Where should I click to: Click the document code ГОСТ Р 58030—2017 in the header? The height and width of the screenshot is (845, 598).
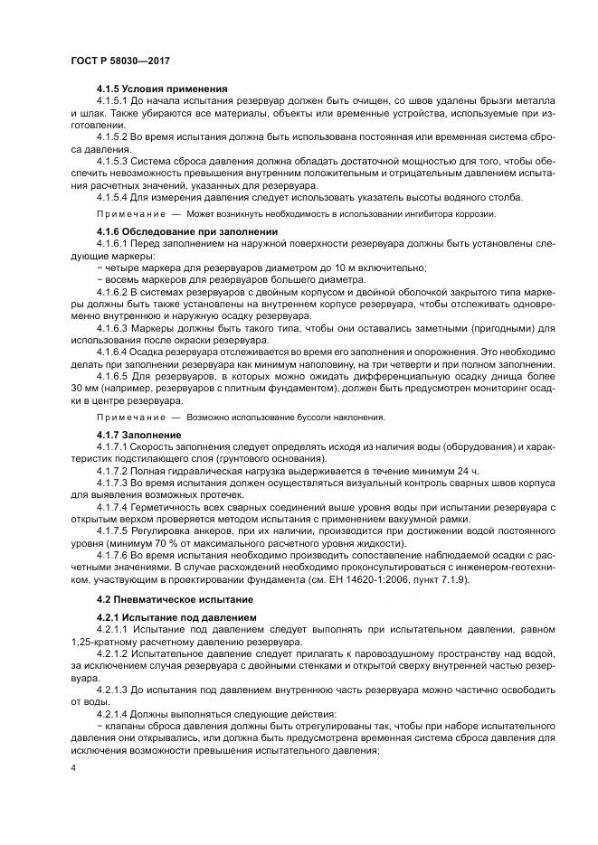[119, 60]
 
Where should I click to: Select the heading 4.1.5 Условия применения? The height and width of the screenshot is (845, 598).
[161, 88]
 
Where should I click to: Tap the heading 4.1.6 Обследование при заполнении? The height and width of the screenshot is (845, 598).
[186, 231]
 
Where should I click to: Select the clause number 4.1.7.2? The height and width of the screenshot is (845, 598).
[115, 472]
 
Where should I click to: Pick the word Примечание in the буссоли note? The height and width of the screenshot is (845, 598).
[125, 417]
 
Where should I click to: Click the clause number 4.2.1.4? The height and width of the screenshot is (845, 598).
[115, 713]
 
